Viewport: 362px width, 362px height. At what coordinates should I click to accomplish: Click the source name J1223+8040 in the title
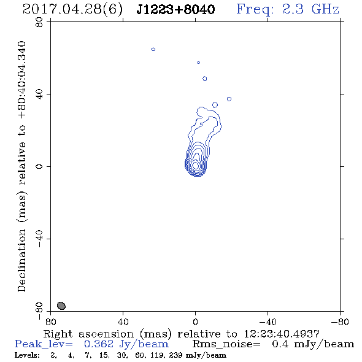click(175, 9)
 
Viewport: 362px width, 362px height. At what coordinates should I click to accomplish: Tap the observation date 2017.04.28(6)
click(73, 9)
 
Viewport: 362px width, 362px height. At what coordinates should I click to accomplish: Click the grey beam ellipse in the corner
click(61, 306)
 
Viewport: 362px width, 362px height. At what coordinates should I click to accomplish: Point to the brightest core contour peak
click(195, 165)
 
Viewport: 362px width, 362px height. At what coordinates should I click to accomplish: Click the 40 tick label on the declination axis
click(39, 94)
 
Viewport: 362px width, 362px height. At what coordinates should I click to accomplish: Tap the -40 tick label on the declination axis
click(39, 239)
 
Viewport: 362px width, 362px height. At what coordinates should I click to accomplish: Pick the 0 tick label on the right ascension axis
click(195, 322)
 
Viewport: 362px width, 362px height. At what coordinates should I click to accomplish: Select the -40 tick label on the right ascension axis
click(268, 322)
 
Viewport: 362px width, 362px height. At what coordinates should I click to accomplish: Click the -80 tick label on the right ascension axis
click(340, 322)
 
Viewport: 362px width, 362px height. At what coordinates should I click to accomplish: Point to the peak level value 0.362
click(99, 344)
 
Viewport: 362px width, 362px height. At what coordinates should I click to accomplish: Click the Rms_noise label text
click(226, 344)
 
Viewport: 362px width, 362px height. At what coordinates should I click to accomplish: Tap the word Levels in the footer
click(27, 355)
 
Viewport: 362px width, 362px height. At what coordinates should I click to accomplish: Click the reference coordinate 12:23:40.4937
click(282, 334)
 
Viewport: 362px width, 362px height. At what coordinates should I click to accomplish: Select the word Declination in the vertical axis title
click(21, 261)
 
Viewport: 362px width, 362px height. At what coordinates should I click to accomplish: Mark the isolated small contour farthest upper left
click(153, 49)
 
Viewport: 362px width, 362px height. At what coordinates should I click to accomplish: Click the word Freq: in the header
click(255, 9)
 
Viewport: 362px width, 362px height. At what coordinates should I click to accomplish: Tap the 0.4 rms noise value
click(280, 344)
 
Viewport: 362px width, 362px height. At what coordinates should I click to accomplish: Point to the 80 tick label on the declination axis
click(39, 22)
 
